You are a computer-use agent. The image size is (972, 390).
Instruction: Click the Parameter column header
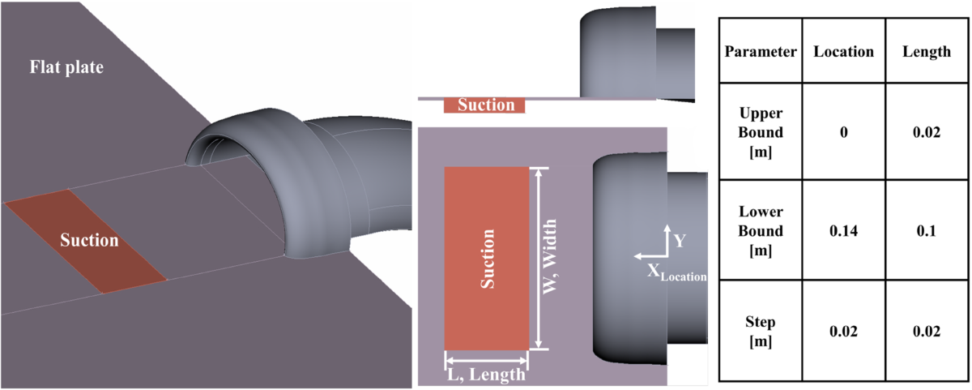click(761, 52)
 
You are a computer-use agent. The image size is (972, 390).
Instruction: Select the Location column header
click(843, 52)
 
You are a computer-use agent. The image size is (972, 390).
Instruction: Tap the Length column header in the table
click(926, 52)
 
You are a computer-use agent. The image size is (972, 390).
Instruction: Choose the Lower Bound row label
click(761, 231)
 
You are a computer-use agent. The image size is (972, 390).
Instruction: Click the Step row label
click(761, 331)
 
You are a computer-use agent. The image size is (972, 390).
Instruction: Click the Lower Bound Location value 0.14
click(843, 231)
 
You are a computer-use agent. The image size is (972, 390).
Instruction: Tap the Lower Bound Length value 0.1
click(926, 231)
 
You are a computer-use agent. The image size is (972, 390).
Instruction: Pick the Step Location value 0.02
click(843, 331)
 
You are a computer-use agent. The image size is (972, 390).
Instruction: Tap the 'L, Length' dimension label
click(487, 375)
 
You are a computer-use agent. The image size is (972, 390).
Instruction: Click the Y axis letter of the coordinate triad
click(680, 241)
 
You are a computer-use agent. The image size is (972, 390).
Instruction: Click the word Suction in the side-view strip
click(486, 105)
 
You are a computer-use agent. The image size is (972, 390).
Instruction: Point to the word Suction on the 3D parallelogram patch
click(89, 241)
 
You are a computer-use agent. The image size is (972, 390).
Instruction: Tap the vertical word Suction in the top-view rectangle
click(487, 259)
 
